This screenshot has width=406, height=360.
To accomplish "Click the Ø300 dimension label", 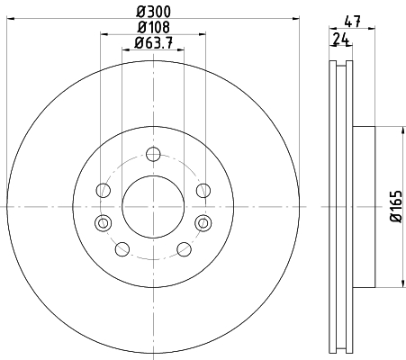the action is point(154,12).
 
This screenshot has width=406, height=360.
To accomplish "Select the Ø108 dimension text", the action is point(154,27).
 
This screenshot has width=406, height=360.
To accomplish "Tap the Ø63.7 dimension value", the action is point(154,43).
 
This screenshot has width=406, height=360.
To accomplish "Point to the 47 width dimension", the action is point(352,22).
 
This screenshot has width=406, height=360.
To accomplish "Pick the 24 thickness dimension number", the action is point(341,39).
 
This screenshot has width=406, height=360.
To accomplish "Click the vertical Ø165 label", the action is point(396,206).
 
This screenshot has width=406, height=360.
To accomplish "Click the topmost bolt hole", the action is point(153,154).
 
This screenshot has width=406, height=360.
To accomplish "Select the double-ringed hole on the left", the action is point(103,223).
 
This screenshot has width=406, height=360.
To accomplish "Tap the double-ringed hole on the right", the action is point(203,223).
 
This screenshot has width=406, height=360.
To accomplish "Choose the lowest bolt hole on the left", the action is point(122,249).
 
